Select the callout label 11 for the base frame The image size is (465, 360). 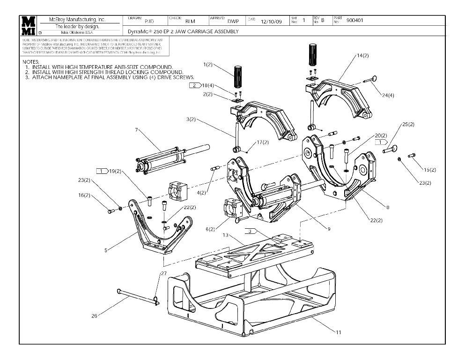point(338,332)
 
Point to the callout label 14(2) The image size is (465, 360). point(363,55)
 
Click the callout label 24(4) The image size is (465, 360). point(388,95)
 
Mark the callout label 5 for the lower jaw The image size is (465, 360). point(106,250)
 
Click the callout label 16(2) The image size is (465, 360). point(84,195)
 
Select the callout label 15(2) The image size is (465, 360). point(429,169)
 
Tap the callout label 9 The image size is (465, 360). point(329,229)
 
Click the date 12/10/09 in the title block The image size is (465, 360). point(271,21)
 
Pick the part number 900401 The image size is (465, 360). point(354,21)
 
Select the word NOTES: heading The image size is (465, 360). point(31,61)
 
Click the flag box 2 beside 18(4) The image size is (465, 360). point(195,85)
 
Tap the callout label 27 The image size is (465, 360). point(163,273)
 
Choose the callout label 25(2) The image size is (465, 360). point(408,125)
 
